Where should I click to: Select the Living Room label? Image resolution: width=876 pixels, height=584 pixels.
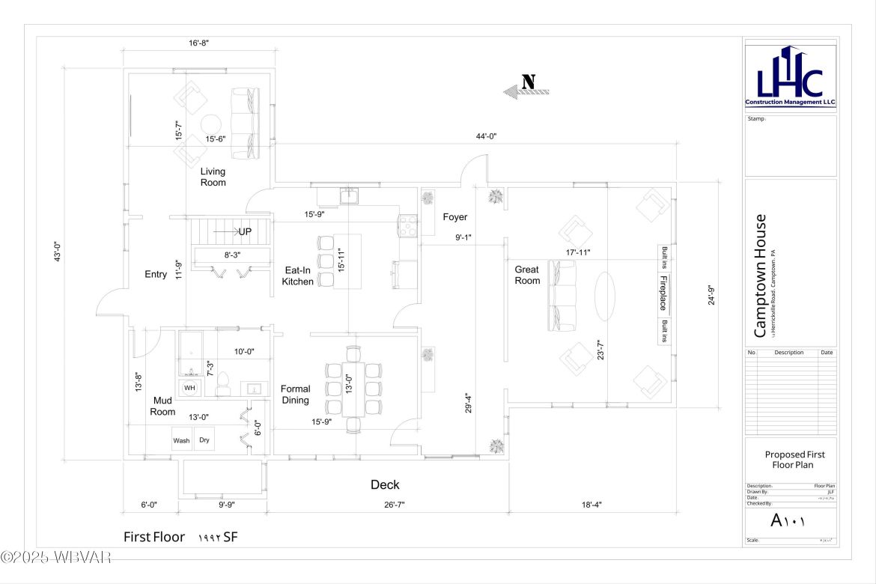pos(213,177)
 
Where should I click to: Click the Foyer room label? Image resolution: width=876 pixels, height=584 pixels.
pos(454,217)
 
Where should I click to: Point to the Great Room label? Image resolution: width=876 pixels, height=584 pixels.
pos(527,275)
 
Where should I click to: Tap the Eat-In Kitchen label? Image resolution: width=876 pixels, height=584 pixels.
pos(297,276)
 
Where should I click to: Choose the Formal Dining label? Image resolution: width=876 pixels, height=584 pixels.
pos(295,395)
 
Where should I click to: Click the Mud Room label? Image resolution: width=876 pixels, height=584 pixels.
pos(162,406)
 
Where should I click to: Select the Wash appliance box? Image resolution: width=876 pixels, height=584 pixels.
pos(182,440)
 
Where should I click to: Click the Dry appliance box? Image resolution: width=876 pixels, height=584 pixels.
pos(204,440)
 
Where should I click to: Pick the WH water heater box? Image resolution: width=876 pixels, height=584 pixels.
pos(189,388)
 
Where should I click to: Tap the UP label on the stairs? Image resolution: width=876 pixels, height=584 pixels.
pos(244,232)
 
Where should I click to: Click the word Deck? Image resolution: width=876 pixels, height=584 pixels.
pos(385,485)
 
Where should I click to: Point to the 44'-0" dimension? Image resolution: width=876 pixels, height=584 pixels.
pos(487,136)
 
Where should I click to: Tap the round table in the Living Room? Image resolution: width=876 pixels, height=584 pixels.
pos(212,124)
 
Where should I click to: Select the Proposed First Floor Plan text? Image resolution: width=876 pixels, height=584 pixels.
pos(790,459)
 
